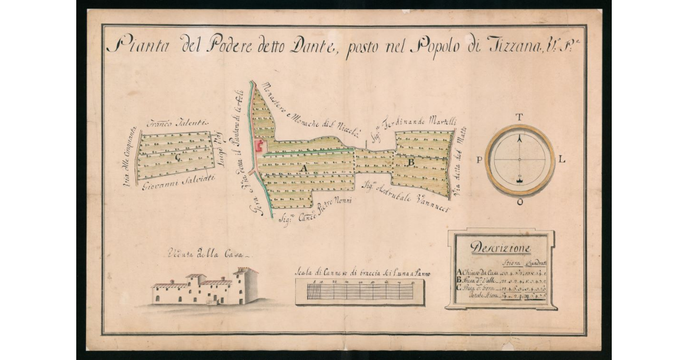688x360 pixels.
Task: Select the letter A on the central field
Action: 305,170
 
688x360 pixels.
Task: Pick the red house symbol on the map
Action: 259,147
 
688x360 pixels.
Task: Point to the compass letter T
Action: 519,118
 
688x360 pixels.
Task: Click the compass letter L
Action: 562,160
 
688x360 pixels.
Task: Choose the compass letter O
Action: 519,202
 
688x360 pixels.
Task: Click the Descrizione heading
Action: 501,248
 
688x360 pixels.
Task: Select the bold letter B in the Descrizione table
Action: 458,280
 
